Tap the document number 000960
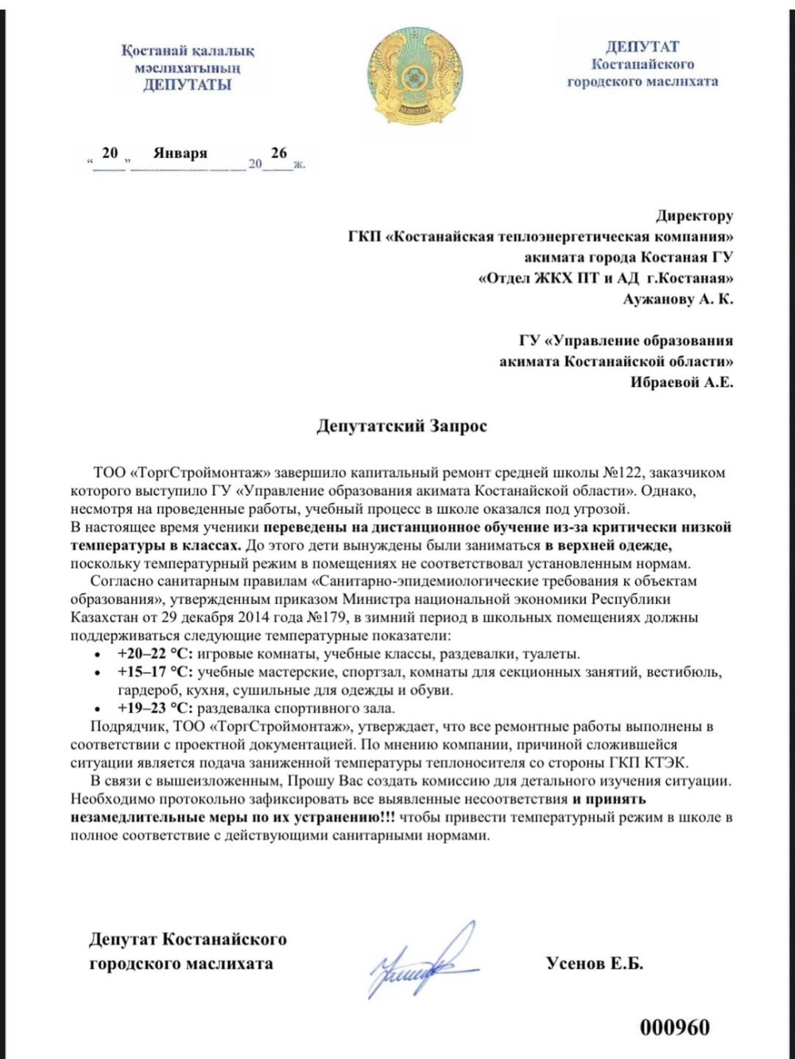click(674, 1027)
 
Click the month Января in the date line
click(180, 153)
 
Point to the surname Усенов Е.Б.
click(595, 963)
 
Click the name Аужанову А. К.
click(677, 300)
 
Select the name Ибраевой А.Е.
click(681, 382)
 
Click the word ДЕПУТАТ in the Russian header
click(642, 47)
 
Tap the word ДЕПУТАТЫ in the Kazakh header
click(188, 85)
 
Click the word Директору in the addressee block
click(694, 215)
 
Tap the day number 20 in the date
click(110, 153)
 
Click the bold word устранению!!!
click(349, 817)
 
